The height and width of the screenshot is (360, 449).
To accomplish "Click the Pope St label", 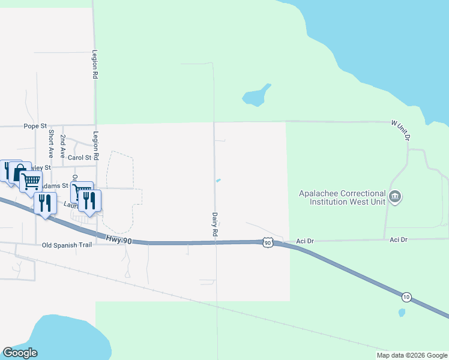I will click(x=35, y=126).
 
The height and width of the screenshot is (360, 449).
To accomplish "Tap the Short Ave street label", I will click(x=52, y=143).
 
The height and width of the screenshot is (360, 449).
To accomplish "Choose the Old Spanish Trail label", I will click(x=67, y=245).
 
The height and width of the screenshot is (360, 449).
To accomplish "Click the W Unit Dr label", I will click(x=400, y=130).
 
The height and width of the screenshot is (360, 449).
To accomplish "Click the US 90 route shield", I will click(x=268, y=242).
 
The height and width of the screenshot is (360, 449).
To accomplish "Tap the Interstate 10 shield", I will click(x=407, y=297).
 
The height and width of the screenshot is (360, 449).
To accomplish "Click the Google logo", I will click(x=20, y=353).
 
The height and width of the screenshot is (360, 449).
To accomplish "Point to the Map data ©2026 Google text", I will click(x=411, y=355).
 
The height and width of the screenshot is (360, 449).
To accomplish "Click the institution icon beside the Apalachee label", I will click(x=395, y=196).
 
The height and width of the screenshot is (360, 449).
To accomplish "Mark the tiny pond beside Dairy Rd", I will click(x=218, y=180).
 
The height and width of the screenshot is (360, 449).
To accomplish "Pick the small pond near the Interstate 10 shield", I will click(x=402, y=312).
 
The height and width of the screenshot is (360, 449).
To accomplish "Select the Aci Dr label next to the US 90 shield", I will click(x=305, y=241).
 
